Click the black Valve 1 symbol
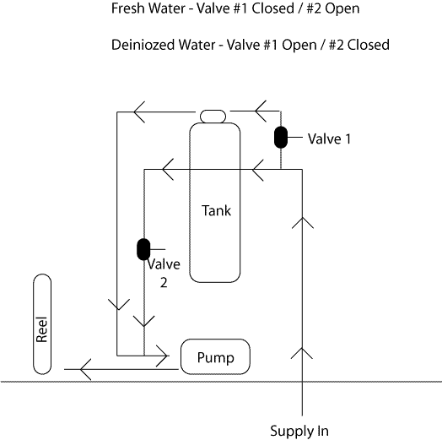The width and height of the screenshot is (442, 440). point(281,137)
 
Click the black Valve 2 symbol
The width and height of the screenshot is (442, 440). point(143,249)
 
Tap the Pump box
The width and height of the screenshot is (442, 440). point(215,356)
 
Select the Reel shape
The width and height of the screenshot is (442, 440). point(42,324)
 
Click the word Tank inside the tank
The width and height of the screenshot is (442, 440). point(216,210)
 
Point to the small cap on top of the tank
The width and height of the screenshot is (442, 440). point(213,117)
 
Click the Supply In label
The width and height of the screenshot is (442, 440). point(299,432)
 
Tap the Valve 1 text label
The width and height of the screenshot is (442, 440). point(329,139)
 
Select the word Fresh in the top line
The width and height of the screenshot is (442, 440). point(128,8)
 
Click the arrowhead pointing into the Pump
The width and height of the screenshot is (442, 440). point(163,356)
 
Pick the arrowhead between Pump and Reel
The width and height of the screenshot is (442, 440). point(85,369)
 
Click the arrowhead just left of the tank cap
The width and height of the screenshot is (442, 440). point(139,111)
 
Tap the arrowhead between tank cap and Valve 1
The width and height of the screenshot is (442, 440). point(261,111)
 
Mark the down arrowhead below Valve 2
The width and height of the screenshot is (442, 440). point(144,321)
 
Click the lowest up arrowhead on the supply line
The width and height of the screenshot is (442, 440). point(302,353)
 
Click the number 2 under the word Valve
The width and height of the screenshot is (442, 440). point(164,283)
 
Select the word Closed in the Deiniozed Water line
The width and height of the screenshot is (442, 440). point(369,45)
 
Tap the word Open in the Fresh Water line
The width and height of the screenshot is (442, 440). point(342,8)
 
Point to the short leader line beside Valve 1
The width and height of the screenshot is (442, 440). point(295,138)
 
